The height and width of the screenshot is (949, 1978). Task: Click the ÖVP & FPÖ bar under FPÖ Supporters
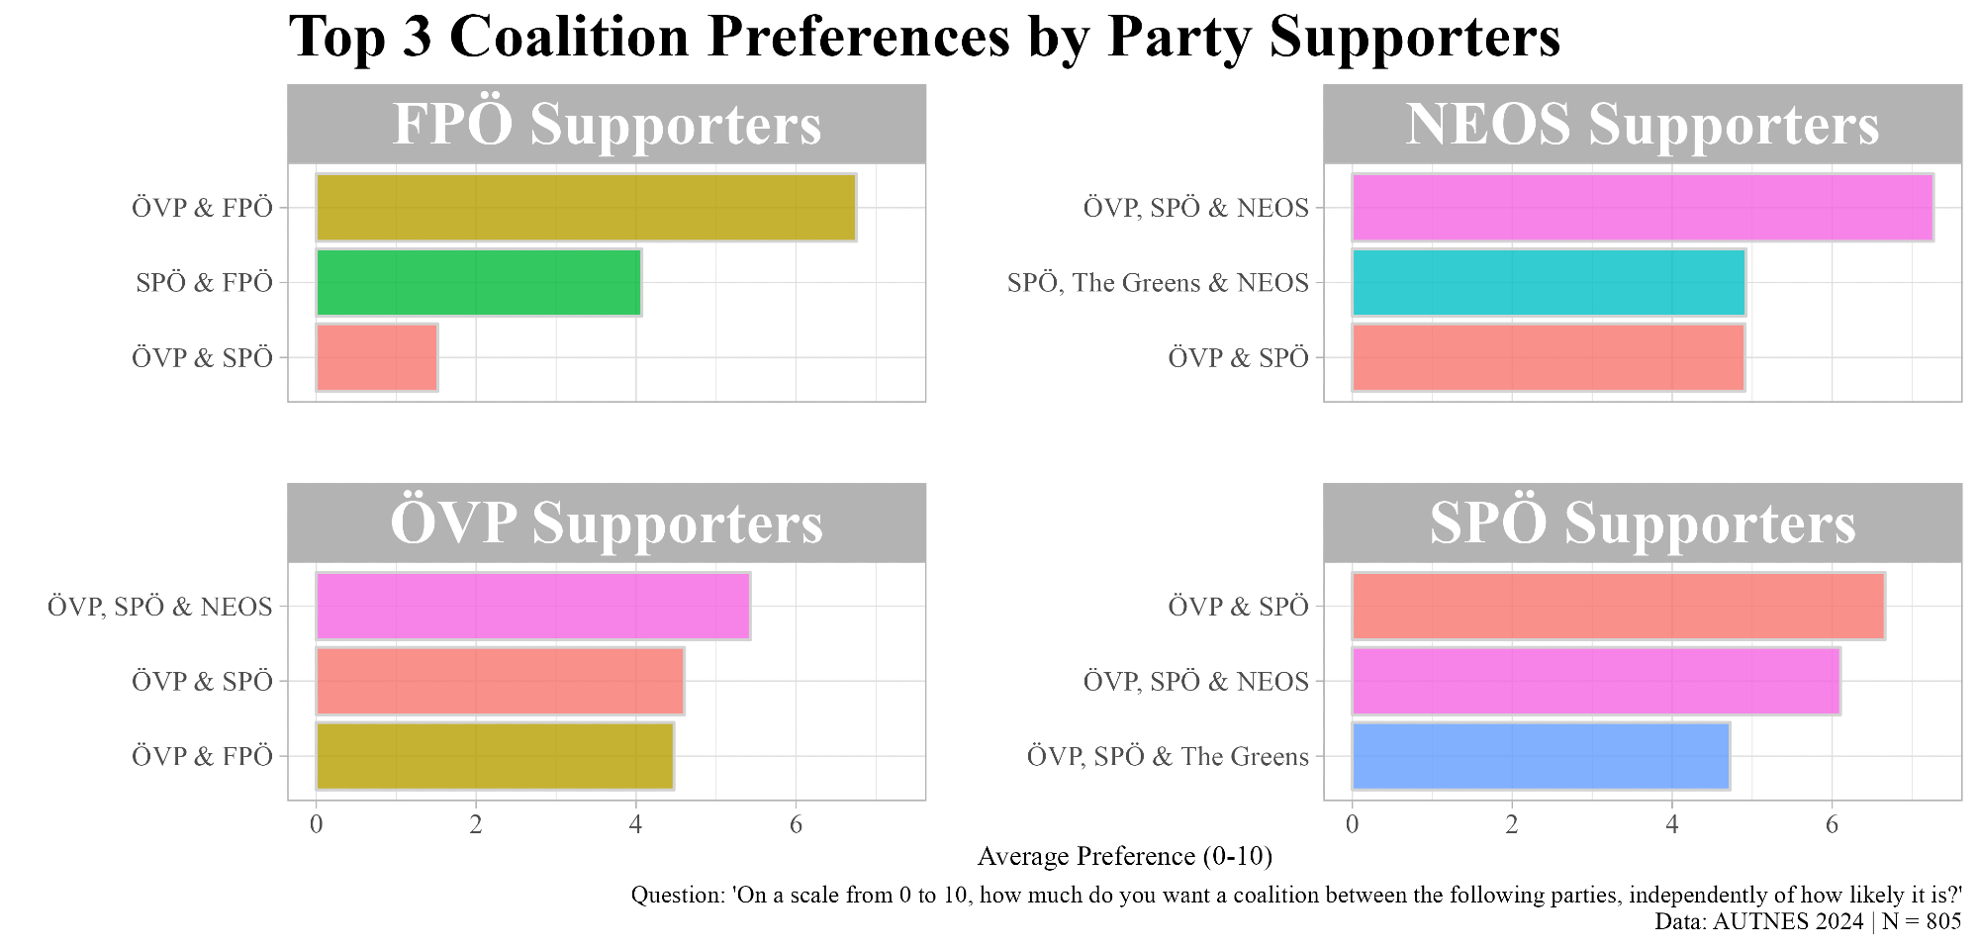[586, 208]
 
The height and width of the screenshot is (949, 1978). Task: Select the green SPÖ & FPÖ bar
[478, 283]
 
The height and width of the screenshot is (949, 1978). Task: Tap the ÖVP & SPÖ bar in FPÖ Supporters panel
[377, 357]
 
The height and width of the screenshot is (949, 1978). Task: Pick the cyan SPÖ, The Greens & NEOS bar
[1548, 283]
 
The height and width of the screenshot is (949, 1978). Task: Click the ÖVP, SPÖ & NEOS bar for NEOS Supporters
[1642, 208]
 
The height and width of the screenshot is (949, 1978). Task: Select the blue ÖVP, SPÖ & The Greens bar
[1540, 756]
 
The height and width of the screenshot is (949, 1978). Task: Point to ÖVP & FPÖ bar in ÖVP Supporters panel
[495, 756]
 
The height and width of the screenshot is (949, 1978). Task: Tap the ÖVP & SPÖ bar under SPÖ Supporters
[1618, 607]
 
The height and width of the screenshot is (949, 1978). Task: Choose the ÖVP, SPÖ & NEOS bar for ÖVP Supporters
[532, 607]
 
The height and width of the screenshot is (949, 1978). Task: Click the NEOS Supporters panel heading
[1642, 125]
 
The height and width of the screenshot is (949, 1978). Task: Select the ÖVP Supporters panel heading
[606, 523]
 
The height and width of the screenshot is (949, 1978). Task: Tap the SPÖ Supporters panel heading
[1642, 523]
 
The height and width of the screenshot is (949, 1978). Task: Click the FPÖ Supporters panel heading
[606, 125]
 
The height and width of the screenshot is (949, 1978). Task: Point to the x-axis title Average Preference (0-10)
[1124, 856]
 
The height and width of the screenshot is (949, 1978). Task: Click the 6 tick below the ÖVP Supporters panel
[796, 825]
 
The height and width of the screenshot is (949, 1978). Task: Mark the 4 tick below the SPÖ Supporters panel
[1671, 825]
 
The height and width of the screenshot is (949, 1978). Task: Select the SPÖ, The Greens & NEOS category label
[1158, 283]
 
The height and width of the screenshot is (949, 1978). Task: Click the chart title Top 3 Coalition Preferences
[924, 38]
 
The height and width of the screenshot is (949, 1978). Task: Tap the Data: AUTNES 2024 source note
[1807, 921]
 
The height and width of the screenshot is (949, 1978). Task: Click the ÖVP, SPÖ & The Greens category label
[1168, 757]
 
